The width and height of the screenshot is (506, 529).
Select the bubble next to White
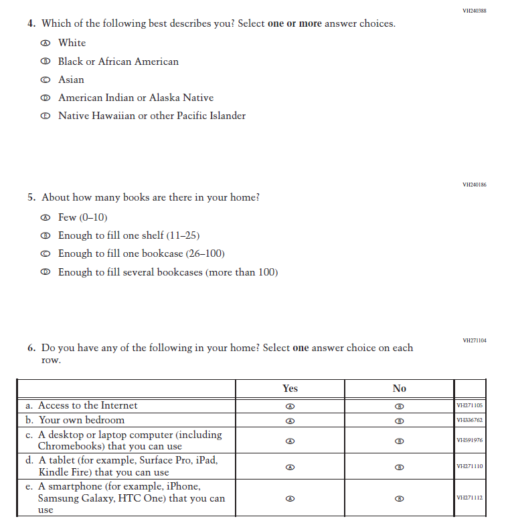46,43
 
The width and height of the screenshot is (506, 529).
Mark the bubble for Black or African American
46,62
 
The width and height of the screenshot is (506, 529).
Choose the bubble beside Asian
46,80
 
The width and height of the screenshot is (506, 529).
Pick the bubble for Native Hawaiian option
46,116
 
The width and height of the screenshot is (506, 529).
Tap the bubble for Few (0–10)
46,218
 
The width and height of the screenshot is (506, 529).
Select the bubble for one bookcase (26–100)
46,254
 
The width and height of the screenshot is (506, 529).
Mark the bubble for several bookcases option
46,272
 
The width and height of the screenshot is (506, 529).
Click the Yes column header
290,389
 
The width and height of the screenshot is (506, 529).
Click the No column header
399,389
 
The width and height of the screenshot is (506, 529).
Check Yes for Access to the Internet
290,406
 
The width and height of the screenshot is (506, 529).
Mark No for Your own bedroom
400,421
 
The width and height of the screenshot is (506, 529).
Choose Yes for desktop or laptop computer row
290,441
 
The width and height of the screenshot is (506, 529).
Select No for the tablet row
400,466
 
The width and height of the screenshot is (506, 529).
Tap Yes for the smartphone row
290,498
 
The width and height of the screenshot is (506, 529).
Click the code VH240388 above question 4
474,11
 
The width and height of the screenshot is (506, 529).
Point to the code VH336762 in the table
469,421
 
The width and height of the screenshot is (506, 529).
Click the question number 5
31,198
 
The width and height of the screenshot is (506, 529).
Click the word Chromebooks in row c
70,446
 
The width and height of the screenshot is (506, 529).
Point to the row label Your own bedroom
82,421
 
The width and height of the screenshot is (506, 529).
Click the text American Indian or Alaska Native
136,98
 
